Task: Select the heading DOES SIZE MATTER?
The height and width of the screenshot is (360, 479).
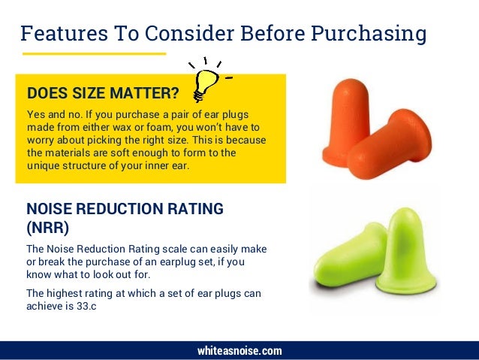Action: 103,94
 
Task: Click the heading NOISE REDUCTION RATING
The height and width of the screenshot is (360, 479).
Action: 125,209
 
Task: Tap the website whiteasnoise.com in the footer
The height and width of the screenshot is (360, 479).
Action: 239,351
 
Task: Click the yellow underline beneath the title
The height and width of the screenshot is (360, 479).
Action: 93,54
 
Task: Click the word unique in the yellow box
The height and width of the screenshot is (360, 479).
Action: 43,165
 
